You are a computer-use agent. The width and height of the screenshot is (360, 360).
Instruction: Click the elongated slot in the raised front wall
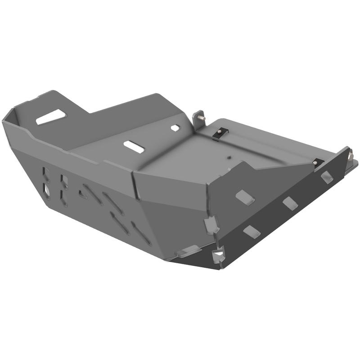pyautogui.click(x=51, y=117)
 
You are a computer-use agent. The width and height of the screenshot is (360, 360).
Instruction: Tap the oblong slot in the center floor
pyautogui.click(x=134, y=147)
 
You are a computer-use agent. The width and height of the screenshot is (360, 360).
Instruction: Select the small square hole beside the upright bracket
pyautogui.click(x=175, y=128)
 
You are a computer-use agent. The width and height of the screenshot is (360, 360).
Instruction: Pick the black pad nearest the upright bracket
pyautogui.click(x=220, y=132)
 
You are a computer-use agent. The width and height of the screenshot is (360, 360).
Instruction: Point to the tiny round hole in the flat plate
pyautogui.click(x=229, y=157)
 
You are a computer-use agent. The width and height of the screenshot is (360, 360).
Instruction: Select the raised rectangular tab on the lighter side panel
pyautogui.click(x=245, y=196)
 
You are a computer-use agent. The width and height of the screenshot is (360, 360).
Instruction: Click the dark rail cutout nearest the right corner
pyautogui.click(x=327, y=177)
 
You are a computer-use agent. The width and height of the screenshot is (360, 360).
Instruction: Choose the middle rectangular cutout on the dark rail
pyautogui.click(x=290, y=203)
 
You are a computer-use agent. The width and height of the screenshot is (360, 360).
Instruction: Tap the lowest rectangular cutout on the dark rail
pyautogui.click(x=252, y=231)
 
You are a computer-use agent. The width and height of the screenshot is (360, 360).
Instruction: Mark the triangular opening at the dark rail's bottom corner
pyautogui.click(x=218, y=256)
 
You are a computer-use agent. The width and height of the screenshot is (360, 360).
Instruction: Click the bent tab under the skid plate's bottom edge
pyautogui.click(x=188, y=251)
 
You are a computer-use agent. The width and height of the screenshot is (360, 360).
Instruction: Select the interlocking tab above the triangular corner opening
pyautogui.click(x=211, y=224)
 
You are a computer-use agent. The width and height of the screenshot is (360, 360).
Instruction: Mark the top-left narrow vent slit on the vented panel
pyautogui.click(x=45, y=172)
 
